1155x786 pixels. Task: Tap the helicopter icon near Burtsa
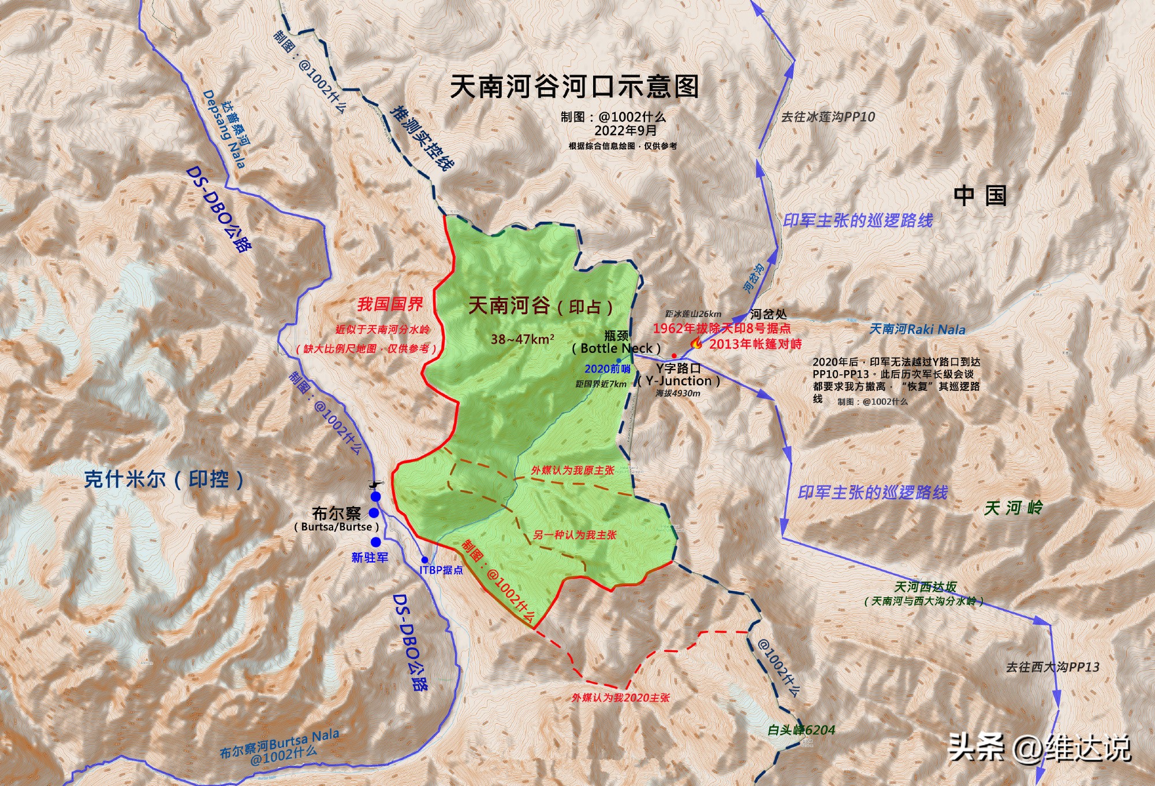(375, 484)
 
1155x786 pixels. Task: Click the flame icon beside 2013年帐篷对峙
(697, 344)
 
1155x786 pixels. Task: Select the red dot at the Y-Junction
(674, 355)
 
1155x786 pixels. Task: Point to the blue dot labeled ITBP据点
(425, 560)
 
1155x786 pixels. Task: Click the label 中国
(980, 196)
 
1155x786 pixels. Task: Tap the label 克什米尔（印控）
(164, 479)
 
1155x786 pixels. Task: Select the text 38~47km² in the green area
(523, 339)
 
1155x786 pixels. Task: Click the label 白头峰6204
(801, 730)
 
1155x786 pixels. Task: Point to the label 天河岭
(1014, 508)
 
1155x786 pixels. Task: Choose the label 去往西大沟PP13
(1052, 667)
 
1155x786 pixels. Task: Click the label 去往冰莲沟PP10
(828, 117)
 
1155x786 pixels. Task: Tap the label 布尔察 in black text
(336, 513)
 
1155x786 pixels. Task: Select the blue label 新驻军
(370, 557)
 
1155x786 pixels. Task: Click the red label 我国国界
(390, 304)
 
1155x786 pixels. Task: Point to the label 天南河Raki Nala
(917, 329)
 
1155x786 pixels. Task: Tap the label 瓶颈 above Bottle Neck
(616, 336)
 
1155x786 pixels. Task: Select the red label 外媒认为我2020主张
(621, 698)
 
